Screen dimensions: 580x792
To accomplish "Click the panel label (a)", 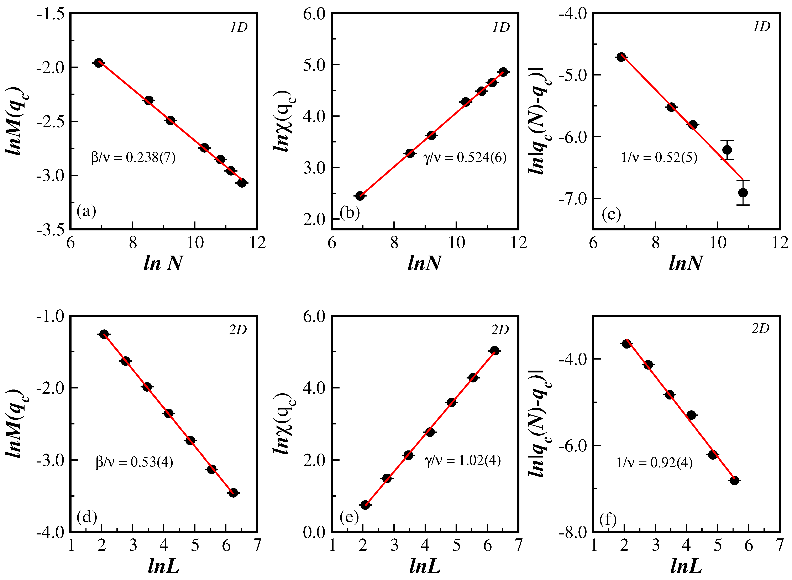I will [86, 211].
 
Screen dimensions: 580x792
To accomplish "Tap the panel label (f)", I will [608, 519].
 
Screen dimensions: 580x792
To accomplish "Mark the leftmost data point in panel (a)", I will [99, 63].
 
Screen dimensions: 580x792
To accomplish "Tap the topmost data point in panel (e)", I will [494, 350].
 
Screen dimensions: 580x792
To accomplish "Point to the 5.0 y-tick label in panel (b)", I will [314, 65].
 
